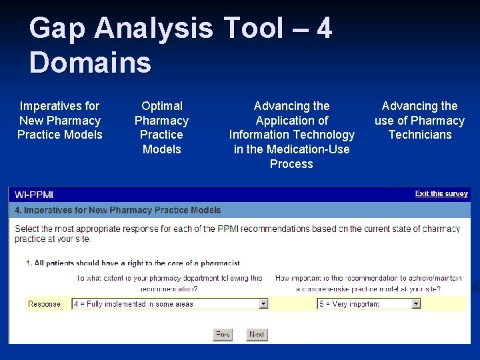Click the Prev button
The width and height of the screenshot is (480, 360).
223,334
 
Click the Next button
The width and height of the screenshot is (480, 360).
257,334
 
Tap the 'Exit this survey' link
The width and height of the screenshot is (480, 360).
441,194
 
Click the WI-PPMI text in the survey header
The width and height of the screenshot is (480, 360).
34,195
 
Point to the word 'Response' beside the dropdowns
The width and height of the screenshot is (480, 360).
44,304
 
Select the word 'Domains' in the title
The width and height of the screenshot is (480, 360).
90,63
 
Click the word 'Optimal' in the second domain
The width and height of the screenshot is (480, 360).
161,106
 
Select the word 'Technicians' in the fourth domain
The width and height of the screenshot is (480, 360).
419,135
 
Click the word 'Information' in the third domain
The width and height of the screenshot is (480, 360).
262,135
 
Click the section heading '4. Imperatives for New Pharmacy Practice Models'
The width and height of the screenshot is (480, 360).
118,210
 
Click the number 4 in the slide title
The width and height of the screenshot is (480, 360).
324,29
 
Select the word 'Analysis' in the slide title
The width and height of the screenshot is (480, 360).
153,29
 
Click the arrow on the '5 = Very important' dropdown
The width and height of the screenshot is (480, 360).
416,303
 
